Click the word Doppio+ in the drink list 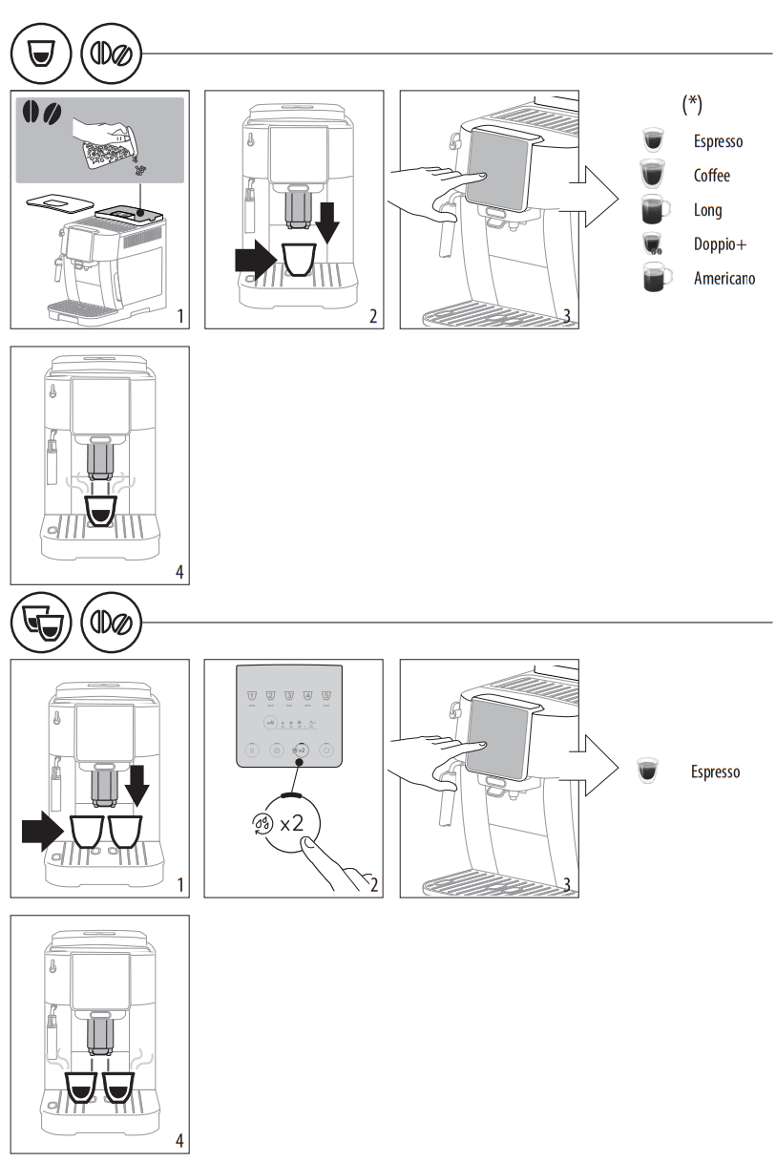(720, 244)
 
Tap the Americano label (724, 279)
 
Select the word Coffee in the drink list (711, 176)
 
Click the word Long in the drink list (707, 210)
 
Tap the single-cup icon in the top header (40, 53)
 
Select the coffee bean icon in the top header (113, 53)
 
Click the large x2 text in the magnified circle (292, 821)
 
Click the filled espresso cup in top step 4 (100, 510)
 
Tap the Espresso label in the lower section (715, 771)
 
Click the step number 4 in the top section (179, 573)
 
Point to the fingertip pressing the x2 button (304, 841)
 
